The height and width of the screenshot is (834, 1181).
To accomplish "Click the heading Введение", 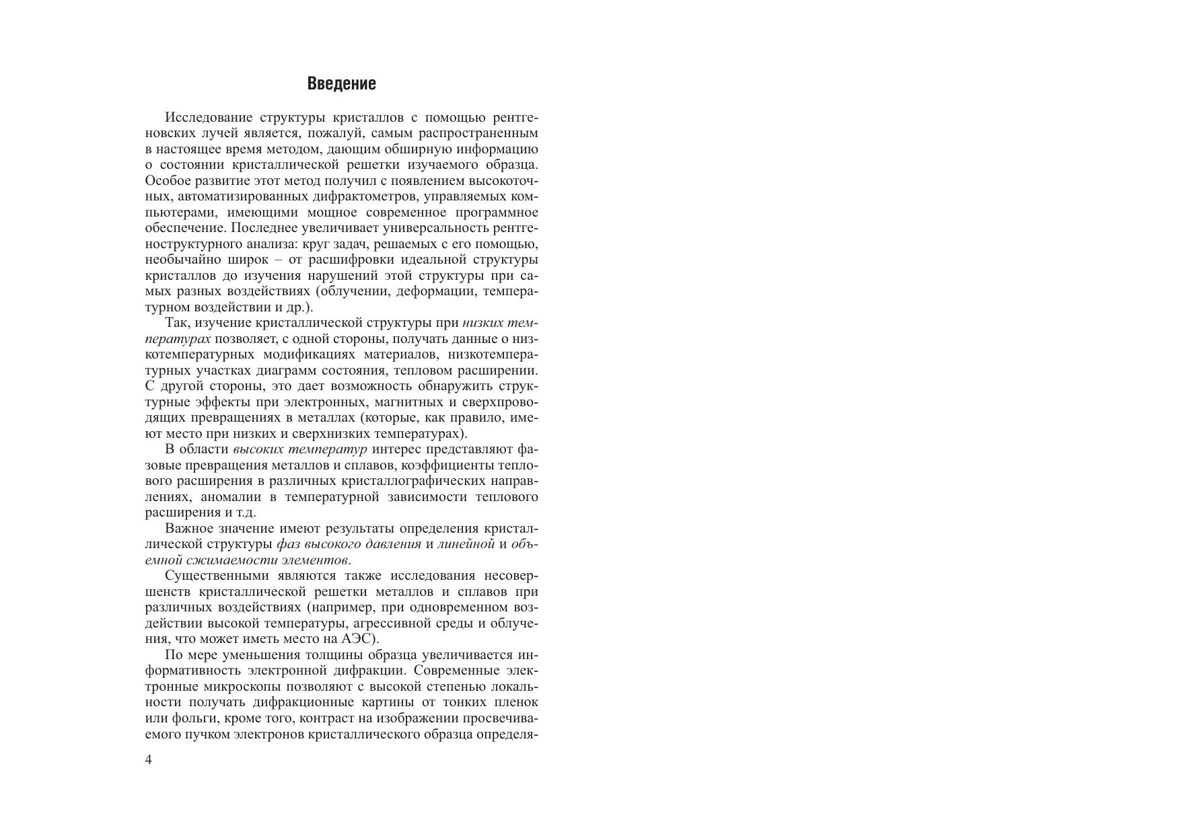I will click(x=341, y=84).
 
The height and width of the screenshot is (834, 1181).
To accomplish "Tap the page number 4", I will click(x=149, y=760).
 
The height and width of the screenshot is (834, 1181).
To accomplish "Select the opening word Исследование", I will click(x=208, y=118).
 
